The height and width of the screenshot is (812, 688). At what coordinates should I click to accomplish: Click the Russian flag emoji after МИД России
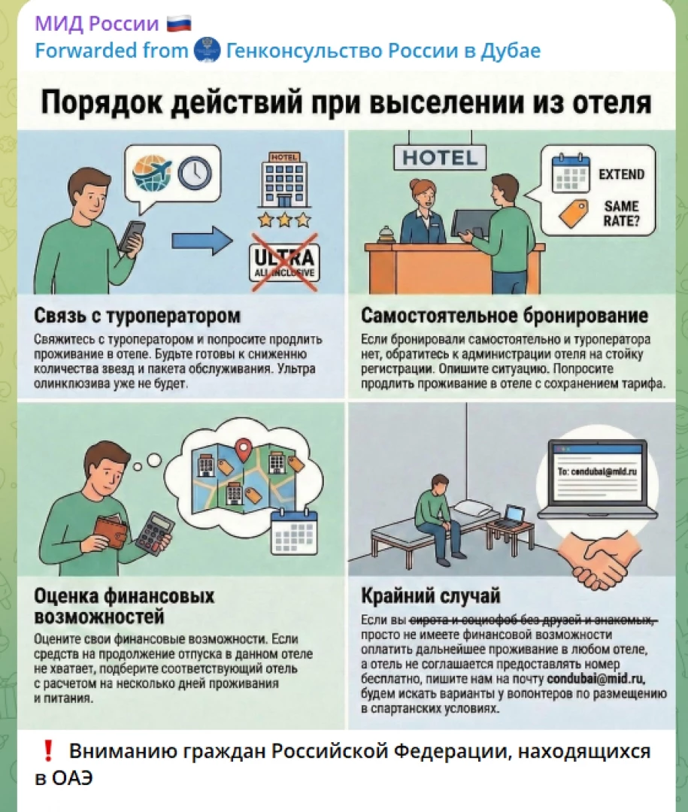[179, 24]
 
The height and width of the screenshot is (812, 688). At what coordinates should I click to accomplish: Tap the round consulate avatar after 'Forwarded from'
[208, 51]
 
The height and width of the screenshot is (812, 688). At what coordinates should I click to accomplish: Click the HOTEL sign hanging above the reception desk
[440, 157]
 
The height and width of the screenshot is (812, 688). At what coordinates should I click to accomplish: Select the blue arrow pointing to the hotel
[202, 241]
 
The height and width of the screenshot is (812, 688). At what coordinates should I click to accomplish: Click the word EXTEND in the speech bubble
[621, 174]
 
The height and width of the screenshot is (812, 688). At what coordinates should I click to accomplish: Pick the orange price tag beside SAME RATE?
[574, 213]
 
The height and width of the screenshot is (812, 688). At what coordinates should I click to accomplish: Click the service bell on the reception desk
[386, 235]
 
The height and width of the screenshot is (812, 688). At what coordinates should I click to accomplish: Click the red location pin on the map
[242, 450]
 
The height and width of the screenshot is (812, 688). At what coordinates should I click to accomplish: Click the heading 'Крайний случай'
[431, 596]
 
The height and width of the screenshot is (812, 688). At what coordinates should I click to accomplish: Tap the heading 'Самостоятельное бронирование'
[505, 315]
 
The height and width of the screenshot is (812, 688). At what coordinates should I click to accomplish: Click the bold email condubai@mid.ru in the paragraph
[596, 678]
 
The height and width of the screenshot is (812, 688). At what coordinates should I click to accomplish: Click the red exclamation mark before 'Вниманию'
[47, 751]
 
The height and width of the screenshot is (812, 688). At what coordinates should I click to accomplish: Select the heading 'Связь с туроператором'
[138, 315]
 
